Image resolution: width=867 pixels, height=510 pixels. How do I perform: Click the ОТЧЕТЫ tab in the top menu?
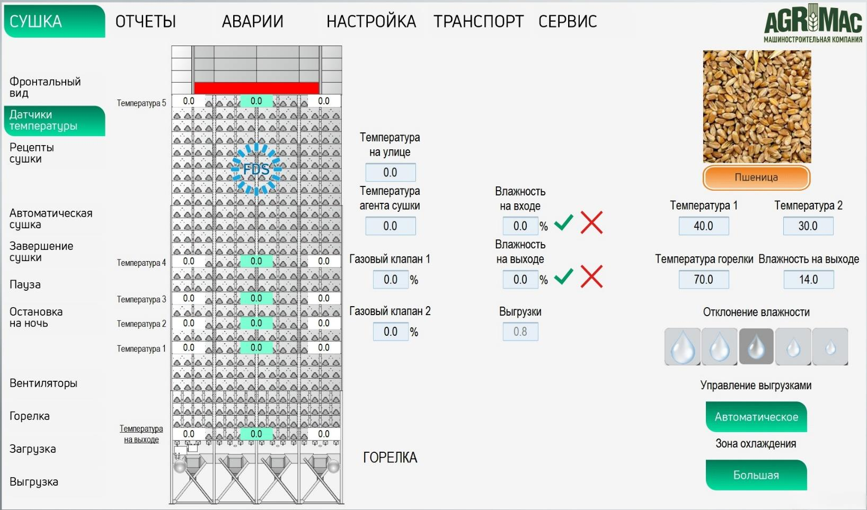pos(146,21)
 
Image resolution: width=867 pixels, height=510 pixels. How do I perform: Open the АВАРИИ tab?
pos(252,21)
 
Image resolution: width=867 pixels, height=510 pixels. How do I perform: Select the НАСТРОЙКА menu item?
pos(371,21)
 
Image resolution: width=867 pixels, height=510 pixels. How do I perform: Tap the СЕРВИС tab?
pos(568,21)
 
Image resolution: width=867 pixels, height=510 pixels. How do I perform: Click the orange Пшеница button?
pos(756,177)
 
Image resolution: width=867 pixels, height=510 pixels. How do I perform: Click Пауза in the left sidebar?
pos(25,284)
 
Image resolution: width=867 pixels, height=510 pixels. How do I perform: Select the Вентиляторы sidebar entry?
pos(43,383)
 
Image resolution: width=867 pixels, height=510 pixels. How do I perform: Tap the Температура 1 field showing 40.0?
pos(704,226)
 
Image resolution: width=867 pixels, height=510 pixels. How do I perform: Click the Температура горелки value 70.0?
pos(704,279)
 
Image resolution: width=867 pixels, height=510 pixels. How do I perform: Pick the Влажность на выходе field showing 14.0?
pos(809,279)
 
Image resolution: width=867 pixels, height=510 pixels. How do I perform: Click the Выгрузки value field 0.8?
pos(520,332)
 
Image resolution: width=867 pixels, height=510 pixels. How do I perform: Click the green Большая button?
pos(756,475)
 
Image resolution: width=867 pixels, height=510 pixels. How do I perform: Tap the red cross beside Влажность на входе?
pos(591,223)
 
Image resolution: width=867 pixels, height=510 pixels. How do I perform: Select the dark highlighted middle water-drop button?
pos(756,346)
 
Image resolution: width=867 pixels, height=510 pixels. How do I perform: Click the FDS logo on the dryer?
pos(256,169)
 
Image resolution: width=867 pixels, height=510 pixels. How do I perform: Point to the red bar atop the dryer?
pos(256,88)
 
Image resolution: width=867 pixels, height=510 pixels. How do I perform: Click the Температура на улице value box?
pos(391,173)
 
